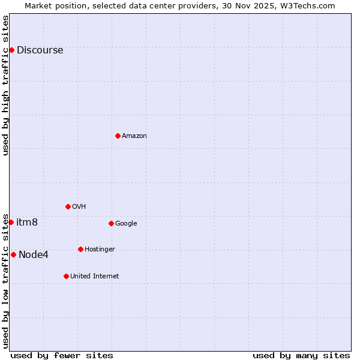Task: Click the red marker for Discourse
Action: (11, 50)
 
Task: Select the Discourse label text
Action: (40, 50)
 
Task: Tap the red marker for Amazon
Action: (118, 136)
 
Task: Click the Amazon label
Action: (134, 136)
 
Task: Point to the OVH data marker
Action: (68, 206)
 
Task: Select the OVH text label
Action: (79, 207)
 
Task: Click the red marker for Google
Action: (111, 223)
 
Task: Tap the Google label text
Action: (126, 224)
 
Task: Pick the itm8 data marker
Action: (11, 222)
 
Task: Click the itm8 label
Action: (27, 223)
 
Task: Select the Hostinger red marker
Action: (80, 249)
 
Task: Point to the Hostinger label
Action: (100, 250)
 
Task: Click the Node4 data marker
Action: (13, 254)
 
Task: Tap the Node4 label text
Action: (34, 255)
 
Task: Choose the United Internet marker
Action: (66, 276)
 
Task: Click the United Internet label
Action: (94, 277)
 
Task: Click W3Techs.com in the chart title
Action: (310, 6)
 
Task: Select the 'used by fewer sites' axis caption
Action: (62, 356)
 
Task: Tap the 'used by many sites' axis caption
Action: (301, 356)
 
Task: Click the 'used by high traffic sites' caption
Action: (5, 85)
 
